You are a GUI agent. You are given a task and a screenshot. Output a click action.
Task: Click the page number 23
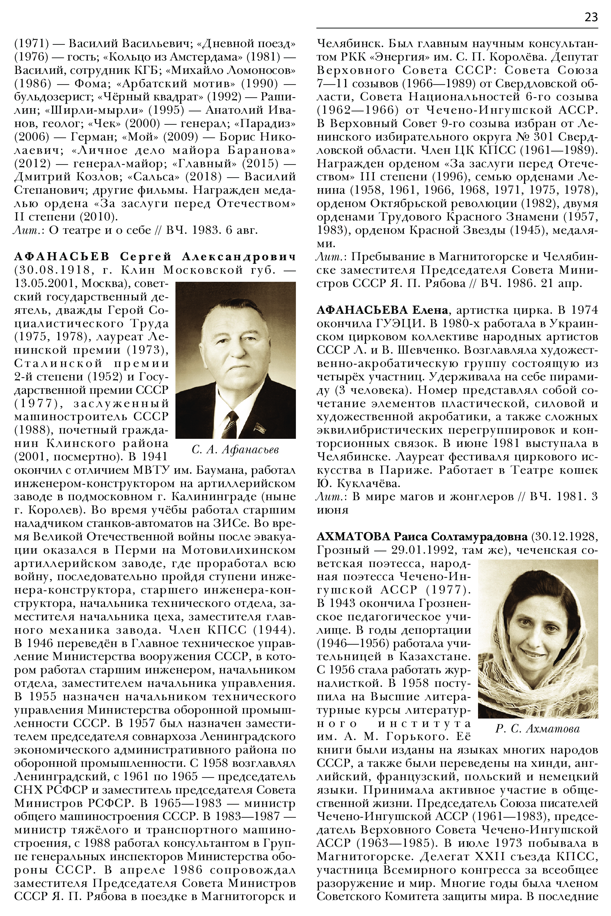click(x=591, y=17)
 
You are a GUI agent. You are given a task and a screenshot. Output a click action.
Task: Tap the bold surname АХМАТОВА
click(x=353, y=537)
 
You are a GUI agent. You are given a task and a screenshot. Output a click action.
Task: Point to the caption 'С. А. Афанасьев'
click(x=235, y=450)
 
